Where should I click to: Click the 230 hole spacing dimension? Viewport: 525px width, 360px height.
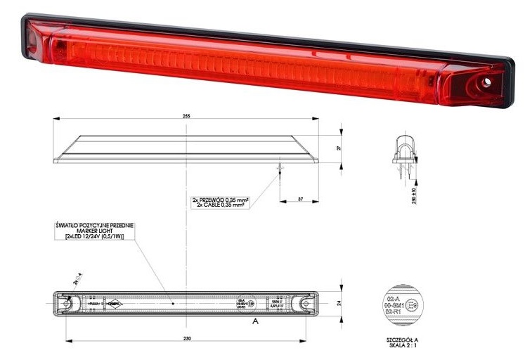[x=185, y=339]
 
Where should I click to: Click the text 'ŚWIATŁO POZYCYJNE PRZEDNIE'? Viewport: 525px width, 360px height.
[x=94, y=224]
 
